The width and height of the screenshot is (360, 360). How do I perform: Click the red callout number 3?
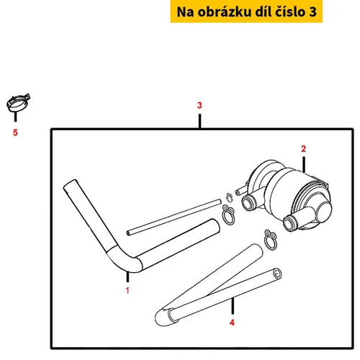pos(199,105)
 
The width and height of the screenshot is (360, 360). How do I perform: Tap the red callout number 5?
pos(15,132)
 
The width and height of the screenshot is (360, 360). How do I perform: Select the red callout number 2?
pos(304,149)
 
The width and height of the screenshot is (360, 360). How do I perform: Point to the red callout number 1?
pos(127,291)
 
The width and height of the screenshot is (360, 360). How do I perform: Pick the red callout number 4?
pos(232,323)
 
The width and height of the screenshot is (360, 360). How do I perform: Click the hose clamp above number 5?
pos(18,103)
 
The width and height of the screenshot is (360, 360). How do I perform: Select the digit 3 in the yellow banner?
pos(312,12)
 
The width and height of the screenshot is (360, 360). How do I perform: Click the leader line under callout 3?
pos(199,121)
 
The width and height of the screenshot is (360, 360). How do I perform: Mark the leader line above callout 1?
pos(127,277)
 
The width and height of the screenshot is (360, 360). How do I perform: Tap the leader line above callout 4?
pos(233,306)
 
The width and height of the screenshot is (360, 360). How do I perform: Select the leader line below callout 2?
pos(304,165)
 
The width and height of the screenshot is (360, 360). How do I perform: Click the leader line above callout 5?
pos(16,117)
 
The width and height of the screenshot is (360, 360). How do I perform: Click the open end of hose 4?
pos(277,274)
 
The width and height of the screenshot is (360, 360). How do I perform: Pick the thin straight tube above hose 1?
pos(174,217)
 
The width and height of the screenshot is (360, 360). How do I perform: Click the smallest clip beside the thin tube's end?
pos(230,197)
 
